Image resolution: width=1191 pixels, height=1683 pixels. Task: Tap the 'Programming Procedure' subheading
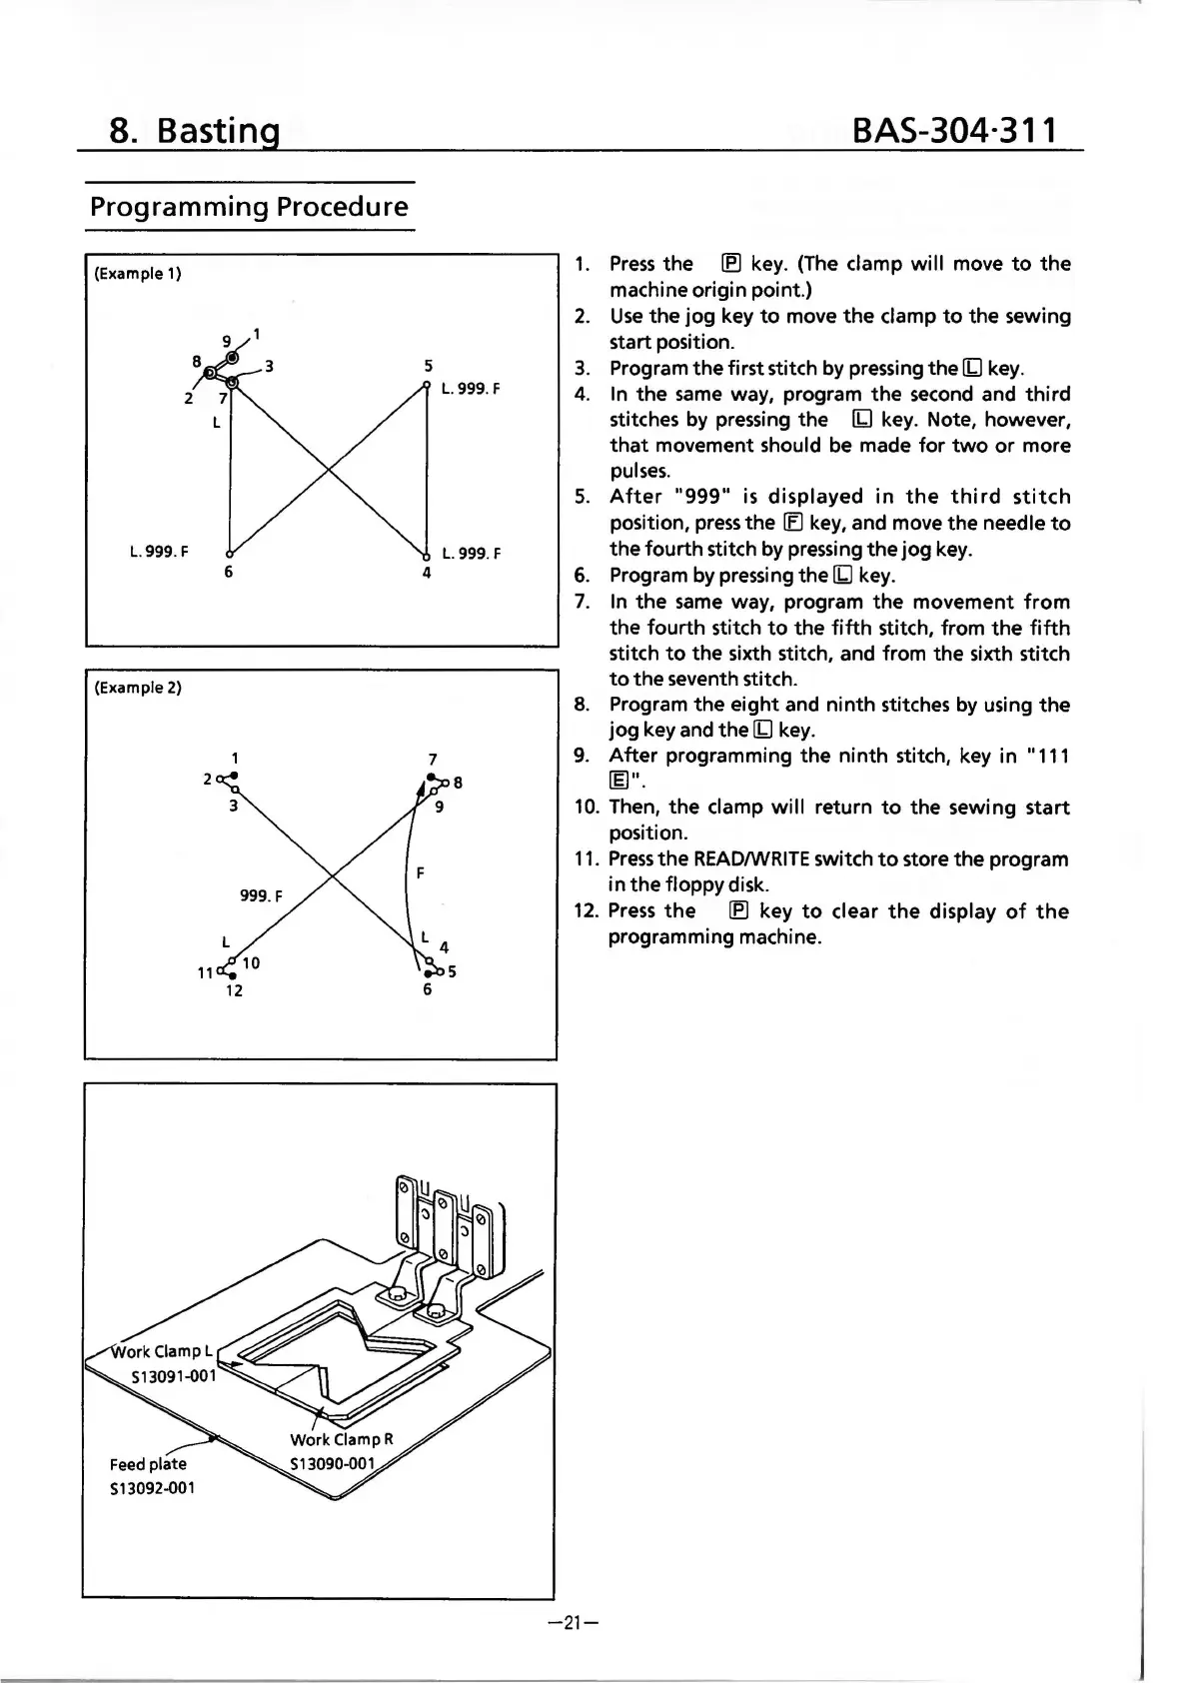249,207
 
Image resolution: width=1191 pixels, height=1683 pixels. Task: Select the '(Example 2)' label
137,688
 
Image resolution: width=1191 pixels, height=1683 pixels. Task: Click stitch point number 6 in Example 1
229,573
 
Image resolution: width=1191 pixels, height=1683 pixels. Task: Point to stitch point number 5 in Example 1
428,366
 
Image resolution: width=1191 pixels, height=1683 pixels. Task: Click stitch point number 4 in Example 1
427,574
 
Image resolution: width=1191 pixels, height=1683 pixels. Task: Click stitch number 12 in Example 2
233,991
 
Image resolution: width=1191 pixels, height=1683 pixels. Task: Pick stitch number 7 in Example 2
432,760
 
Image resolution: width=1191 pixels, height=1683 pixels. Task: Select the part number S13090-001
332,1464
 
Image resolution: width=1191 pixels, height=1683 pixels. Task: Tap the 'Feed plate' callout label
148,1464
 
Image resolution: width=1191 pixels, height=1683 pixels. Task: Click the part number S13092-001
152,1487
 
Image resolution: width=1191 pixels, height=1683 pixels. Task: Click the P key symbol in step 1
731,264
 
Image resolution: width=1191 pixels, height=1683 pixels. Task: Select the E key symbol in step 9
618,782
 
